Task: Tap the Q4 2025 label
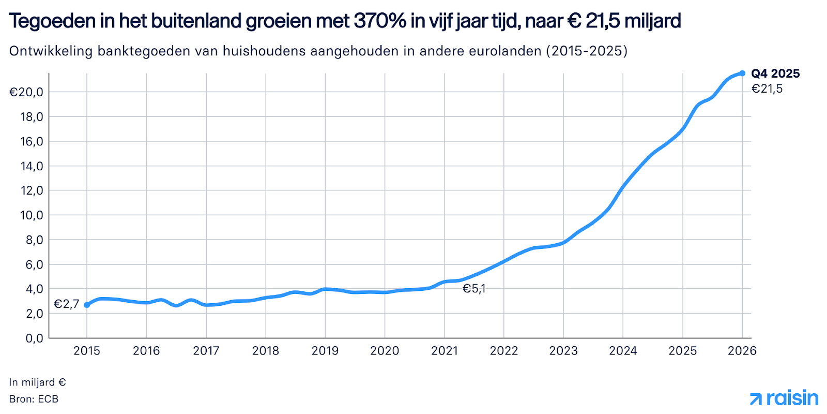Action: click(x=775, y=73)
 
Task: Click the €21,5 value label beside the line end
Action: click(x=767, y=89)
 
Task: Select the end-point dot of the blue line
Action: click(x=742, y=73)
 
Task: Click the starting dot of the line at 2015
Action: click(x=87, y=305)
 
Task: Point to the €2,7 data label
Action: click(x=66, y=304)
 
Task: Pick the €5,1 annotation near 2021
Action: click(x=474, y=289)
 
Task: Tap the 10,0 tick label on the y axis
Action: click(x=31, y=215)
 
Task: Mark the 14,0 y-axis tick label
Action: click(x=31, y=166)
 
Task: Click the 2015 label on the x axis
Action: click(x=87, y=351)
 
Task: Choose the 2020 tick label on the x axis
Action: click(x=385, y=351)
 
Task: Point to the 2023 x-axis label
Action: click(x=563, y=351)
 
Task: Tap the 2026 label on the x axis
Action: click(x=742, y=351)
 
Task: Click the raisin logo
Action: click(x=784, y=398)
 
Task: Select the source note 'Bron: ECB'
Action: click(x=34, y=399)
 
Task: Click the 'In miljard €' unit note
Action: click(x=37, y=382)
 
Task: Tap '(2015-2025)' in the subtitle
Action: click(x=587, y=51)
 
